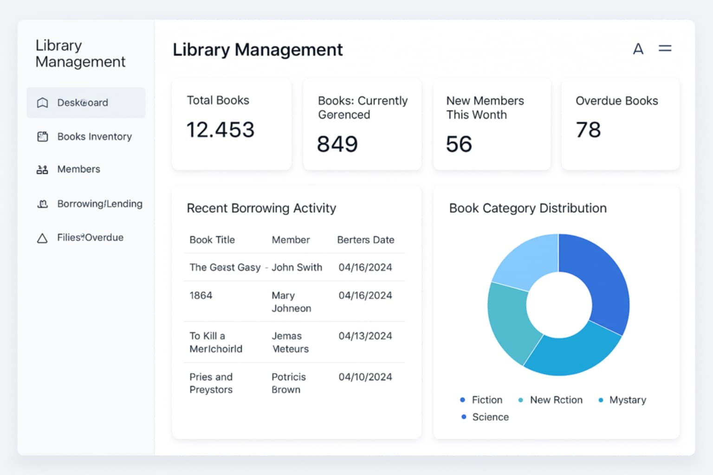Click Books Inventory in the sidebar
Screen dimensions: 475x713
(x=94, y=136)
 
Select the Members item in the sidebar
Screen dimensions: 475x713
(x=78, y=169)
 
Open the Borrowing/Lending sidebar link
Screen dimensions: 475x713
(x=99, y=204)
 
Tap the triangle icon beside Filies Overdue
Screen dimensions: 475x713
(x=42, y=238)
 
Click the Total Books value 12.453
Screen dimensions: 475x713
(x=220, y=130)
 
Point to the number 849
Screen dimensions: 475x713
(x=337, y=144)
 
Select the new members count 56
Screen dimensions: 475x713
(x=459, y=144)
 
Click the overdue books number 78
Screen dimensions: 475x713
(x=588, y=130)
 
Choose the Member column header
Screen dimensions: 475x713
(x=291, y=240)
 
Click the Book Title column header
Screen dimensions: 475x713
(x=212, y=240)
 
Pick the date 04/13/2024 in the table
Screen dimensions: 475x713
(x=365, y=336)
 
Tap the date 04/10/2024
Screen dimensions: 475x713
(x=365, y=377)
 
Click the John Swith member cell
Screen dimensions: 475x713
(x=297, y=267)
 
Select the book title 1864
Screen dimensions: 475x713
(x=201, y=295)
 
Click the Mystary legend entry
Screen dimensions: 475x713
(x=627, y=400)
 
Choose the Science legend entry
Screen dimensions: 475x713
(x=490, y=417)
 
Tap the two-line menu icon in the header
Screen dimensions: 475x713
(x=665, y=48)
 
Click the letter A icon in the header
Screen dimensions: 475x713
(x=638, y=49)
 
